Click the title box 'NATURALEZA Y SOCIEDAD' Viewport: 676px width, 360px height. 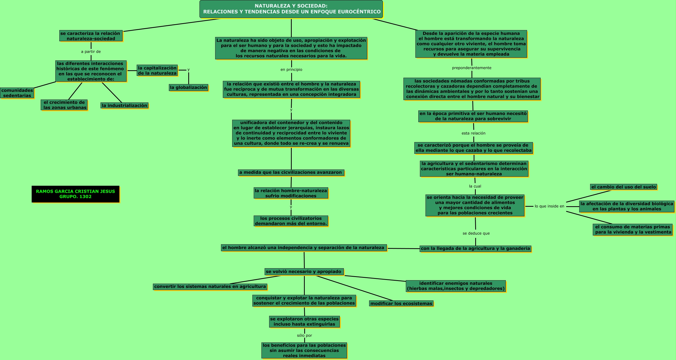click(291, 9)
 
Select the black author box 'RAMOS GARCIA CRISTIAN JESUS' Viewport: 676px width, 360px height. click(76, 194)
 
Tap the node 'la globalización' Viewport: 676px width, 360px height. click(189, 88)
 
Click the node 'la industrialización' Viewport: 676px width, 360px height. click(124, 106)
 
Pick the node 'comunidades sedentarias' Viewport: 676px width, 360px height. click(17, 93)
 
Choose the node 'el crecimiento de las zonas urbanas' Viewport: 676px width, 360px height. click(64, 105)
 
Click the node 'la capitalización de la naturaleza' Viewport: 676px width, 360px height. click(157, 71)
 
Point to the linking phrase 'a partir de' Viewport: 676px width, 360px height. click(91, 52)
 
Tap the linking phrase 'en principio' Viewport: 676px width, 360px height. click(291, 70)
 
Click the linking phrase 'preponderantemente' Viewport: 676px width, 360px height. click(471, 68)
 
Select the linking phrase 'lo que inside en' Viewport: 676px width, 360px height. click(549, 206)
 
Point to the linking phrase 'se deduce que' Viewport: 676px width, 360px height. click(476, 233)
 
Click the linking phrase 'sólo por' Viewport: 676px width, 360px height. click(304, 336)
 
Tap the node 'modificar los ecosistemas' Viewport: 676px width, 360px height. click(401, 304)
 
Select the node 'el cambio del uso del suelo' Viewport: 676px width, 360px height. click(624, 187)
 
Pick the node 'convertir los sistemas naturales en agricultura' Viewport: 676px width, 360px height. click(210, 287)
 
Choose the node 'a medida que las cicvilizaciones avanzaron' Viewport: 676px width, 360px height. click(291, 172)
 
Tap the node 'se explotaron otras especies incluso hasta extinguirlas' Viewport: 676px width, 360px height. click(304, 321)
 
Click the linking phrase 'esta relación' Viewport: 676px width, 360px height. click(473, 133)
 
